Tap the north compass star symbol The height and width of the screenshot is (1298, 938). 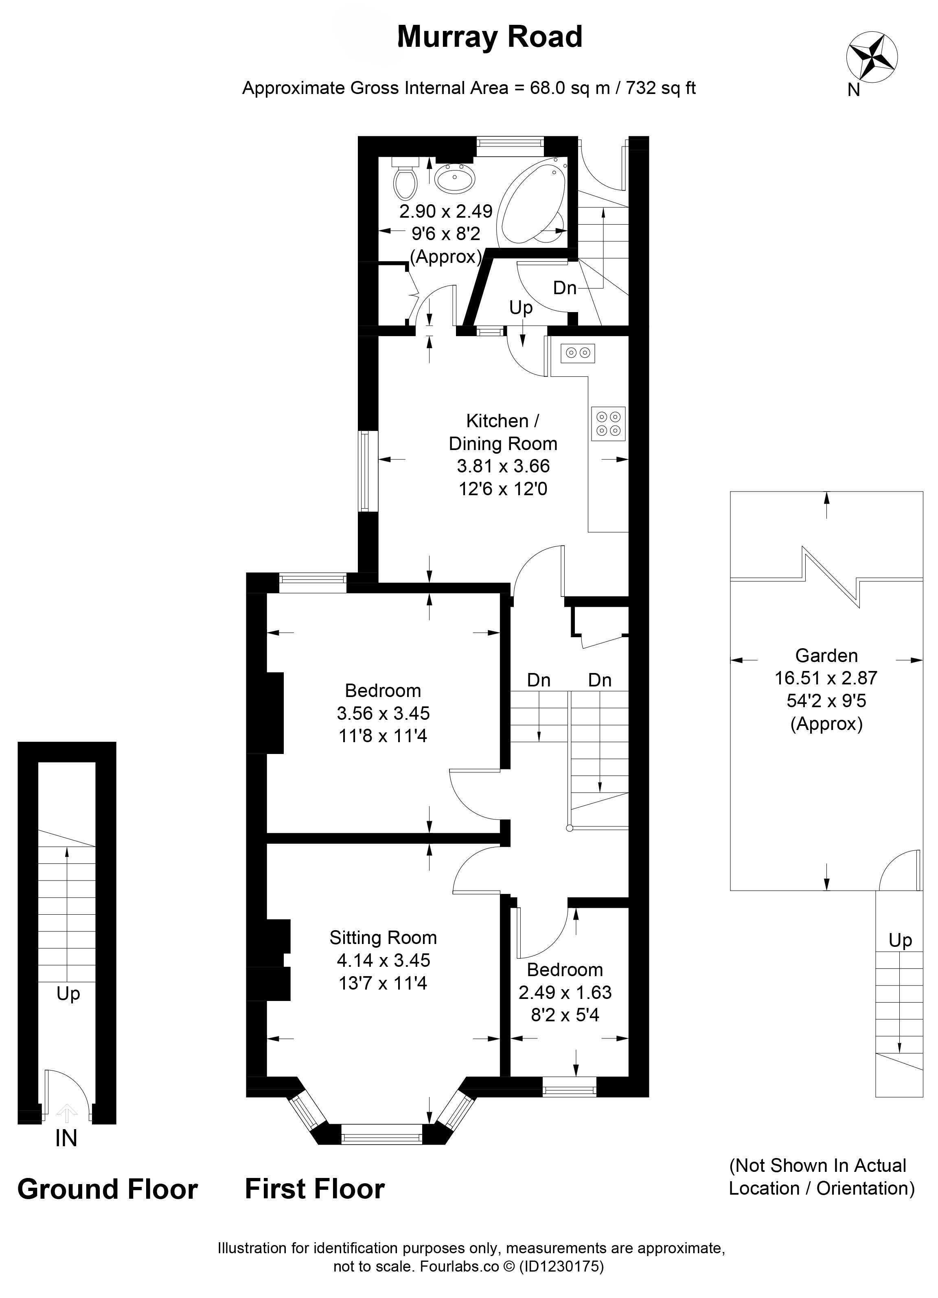coord(872,57)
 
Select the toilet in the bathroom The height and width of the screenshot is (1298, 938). coord(406,177)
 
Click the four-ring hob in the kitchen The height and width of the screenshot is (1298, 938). coord(608,424)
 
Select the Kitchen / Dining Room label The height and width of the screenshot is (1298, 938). coord(503,432)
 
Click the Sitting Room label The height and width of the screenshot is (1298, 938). coord(383,937)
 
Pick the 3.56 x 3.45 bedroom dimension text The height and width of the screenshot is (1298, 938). coord(383,713)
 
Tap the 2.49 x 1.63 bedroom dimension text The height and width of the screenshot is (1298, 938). coord(565,992)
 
